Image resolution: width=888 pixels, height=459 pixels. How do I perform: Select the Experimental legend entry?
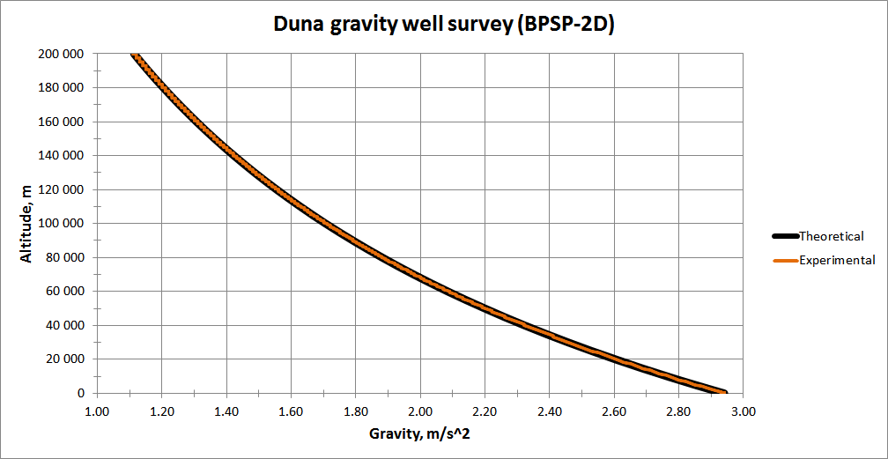[x=837, y=260]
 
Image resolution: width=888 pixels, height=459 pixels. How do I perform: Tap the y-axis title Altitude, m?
[x=27, y=223]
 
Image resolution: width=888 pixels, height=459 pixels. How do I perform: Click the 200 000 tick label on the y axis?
[x=62, y=54]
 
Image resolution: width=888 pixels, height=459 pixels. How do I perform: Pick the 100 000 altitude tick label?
[x=62, y=224]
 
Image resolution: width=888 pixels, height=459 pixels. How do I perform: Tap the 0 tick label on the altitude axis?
[x=81, y=394]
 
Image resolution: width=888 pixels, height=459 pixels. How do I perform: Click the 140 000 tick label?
[x=62, y=156]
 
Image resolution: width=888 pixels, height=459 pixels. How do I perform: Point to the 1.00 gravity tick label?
[x=97, y=411]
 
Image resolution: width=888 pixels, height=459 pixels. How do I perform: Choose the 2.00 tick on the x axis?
[x=420, y=411]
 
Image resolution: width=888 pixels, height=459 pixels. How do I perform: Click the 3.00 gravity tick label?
[x=744, y=411]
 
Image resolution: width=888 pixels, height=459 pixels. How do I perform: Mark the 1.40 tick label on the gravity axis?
[x=226, y=411]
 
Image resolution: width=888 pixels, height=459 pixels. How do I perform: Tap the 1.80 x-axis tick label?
[x=356, y=411]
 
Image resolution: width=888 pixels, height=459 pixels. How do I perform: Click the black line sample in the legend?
[x=783, y=236]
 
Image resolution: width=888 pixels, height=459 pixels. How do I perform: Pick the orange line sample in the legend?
[x=783, y=260]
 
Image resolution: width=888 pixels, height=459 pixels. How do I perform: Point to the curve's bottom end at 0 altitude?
[x=724, y=392]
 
